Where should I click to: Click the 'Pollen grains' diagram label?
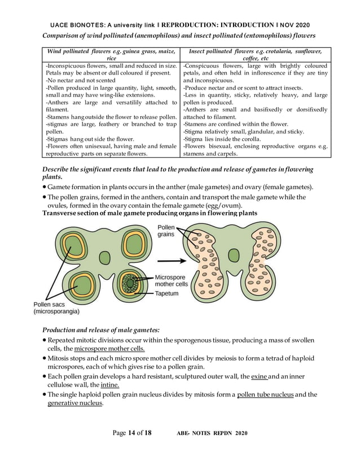coord(166,230)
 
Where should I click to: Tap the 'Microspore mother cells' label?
coord(172,281)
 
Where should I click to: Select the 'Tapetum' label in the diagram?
coord(167,294)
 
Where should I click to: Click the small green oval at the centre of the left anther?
coord(105,258)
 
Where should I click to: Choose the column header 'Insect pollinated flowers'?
coord(255,55)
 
